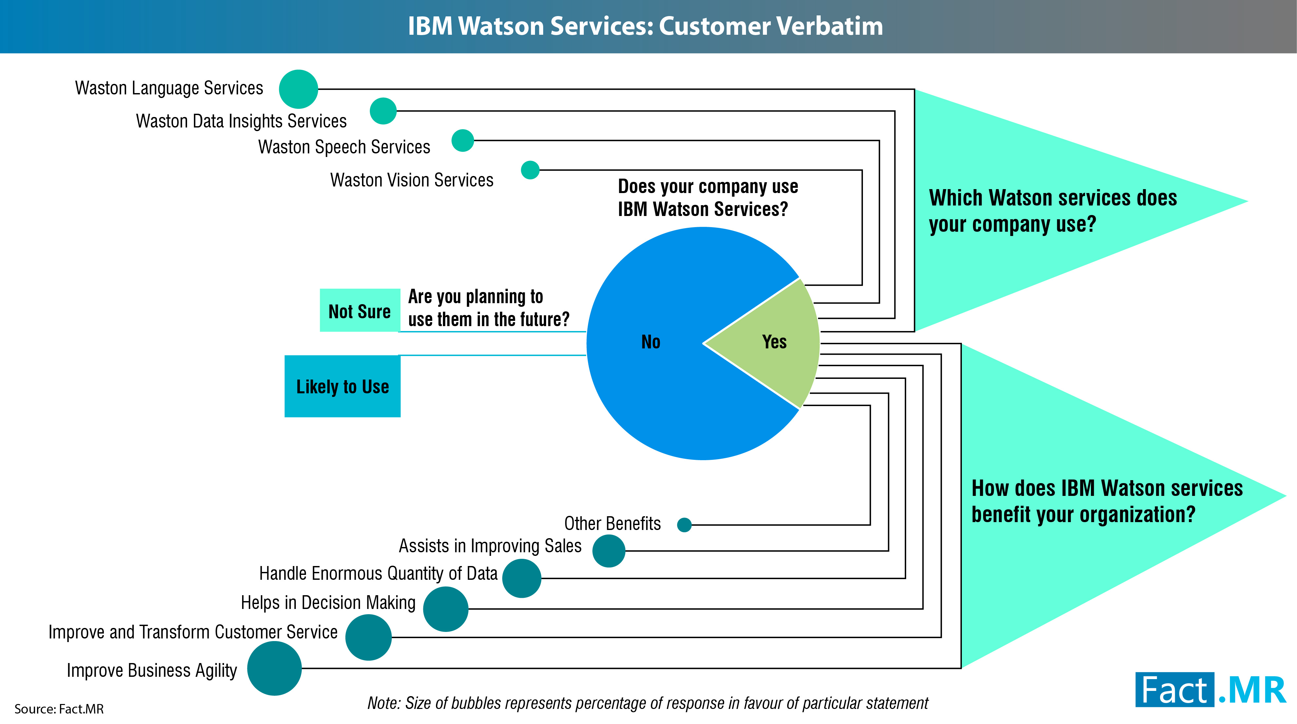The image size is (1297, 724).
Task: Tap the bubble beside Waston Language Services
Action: [298, 89]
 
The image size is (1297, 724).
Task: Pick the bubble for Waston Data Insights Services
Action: [383, 111]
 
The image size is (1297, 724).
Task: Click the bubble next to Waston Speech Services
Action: [463, 141]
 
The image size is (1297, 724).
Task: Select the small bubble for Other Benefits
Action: [684, 525]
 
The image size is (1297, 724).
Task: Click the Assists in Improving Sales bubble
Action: [609, 551]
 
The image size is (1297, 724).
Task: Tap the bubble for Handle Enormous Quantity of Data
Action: [522, 578]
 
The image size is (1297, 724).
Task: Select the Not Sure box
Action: [359, 310]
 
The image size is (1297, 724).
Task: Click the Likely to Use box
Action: [342, 386]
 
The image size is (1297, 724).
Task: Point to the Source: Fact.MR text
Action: [59, 709]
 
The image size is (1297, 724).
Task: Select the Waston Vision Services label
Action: [412, 180]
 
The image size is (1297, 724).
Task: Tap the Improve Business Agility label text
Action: [152, 670]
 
